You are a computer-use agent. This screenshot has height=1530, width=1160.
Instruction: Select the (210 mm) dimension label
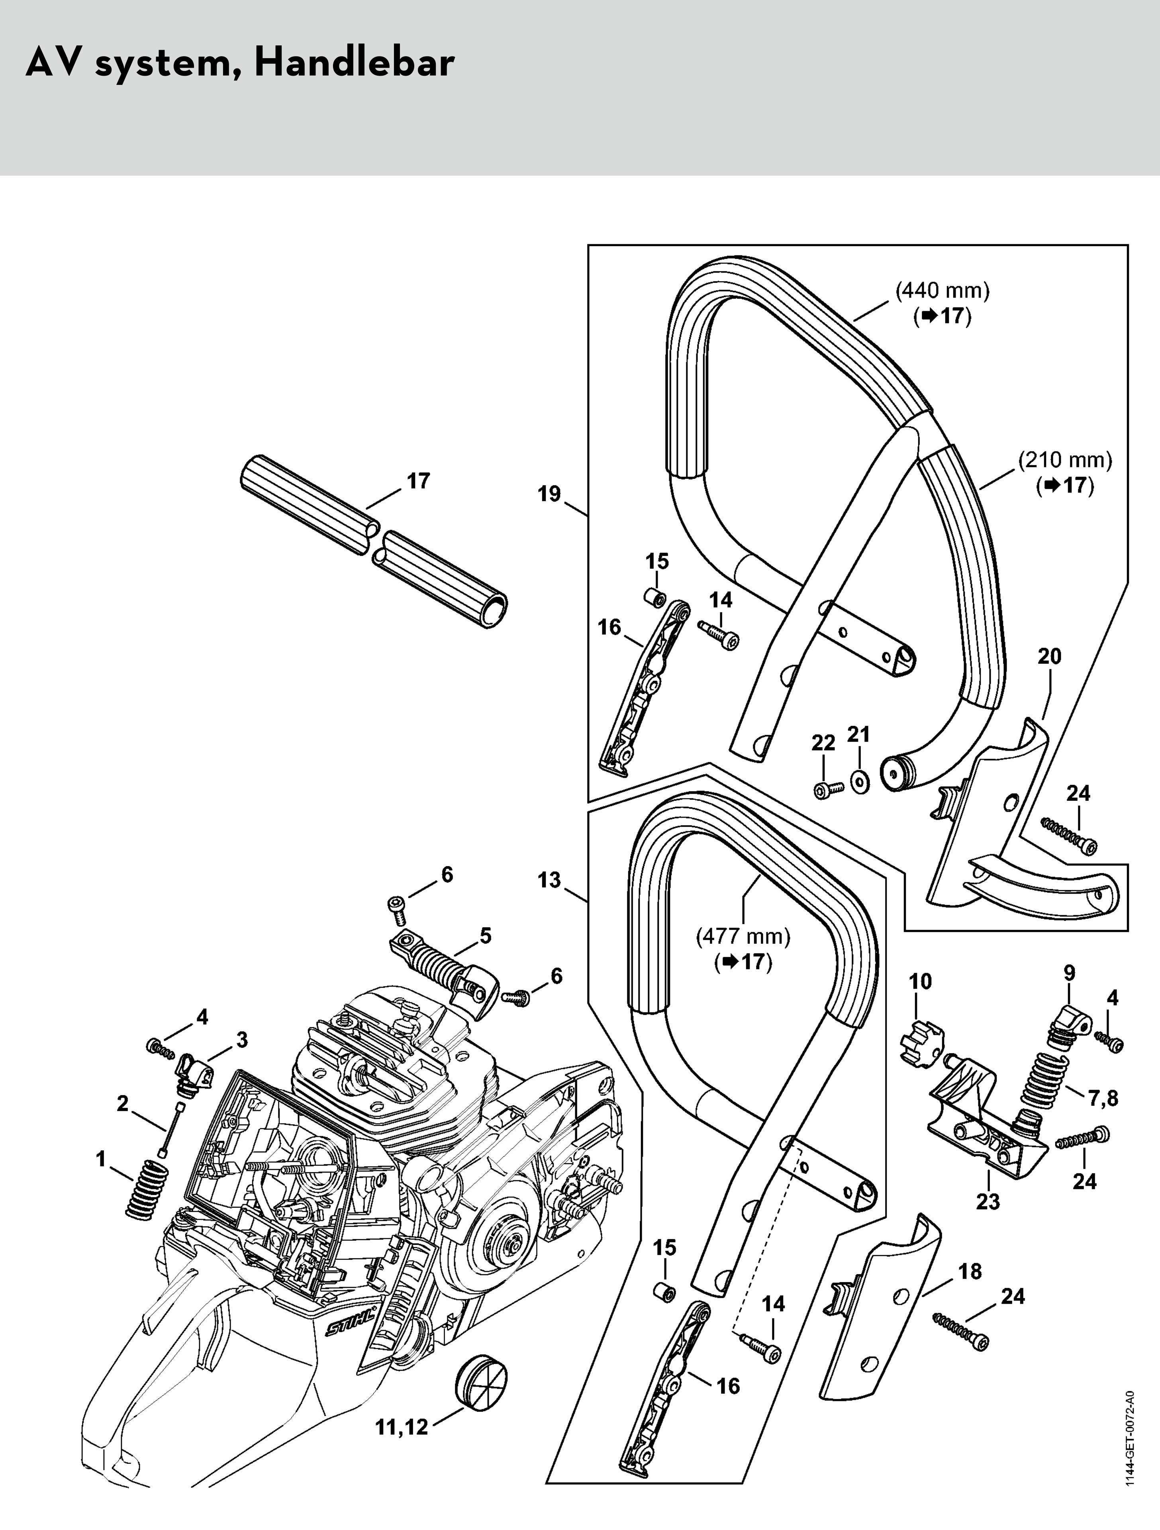(x=1064, y=460)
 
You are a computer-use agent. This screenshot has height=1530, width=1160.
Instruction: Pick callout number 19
(x=549, y=494)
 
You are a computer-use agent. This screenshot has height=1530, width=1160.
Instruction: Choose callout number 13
(x=549, y=881)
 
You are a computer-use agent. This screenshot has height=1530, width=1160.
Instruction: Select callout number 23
(x=987, y=1201)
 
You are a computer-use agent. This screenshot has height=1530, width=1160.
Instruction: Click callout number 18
(x=970, y=1271)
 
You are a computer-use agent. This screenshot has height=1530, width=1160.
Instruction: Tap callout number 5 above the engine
(x=486, y=936)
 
